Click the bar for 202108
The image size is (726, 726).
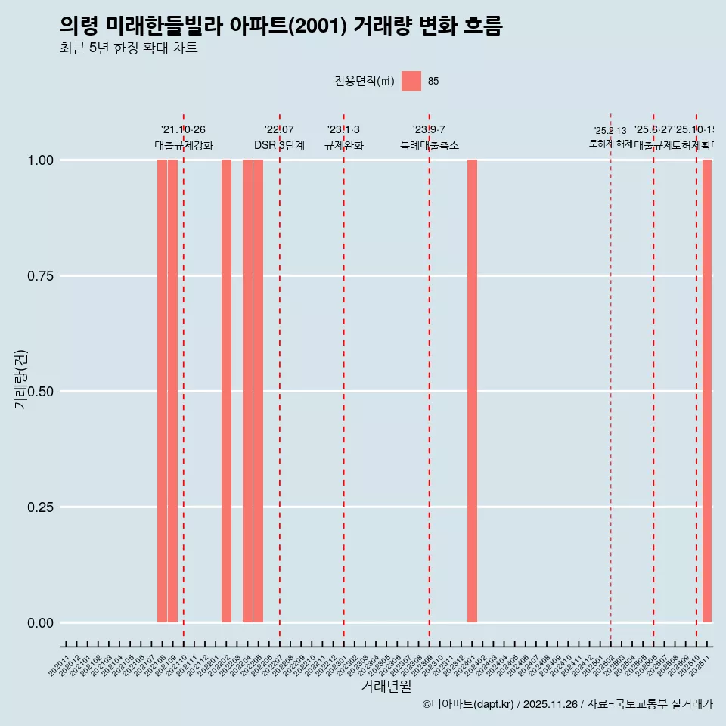click(x=162, y=391)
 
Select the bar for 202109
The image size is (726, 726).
click(x=172, y=391)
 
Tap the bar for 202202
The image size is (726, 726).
click(x=226, y=391)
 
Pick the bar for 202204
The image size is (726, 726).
click(x=247, y=391)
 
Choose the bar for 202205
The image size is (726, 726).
click(x=258, y=391)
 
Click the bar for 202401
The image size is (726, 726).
click(x=472, y=391)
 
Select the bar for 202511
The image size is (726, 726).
click(x=707, y=391)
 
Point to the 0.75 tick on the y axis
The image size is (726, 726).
click(x=39, y=276)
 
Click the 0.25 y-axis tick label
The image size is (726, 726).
click(x=39, y=507)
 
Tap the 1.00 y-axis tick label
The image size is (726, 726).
click(x=39, y=160)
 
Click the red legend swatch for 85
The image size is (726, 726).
click(x=411, y=81)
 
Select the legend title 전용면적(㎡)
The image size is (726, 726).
click(x=365, y=81)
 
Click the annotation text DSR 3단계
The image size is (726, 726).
click(x=279, y=146)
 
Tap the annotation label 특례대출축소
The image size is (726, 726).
click(x=430, y=146)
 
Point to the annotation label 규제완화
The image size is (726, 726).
click(x=344, y=146)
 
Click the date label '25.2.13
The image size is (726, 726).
click(x=610, y=131)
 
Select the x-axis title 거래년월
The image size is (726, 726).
click(x=386, y=686)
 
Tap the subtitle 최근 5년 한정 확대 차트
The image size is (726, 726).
click(x=129, y=48)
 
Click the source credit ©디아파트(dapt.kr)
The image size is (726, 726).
click(x=468, y=704)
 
